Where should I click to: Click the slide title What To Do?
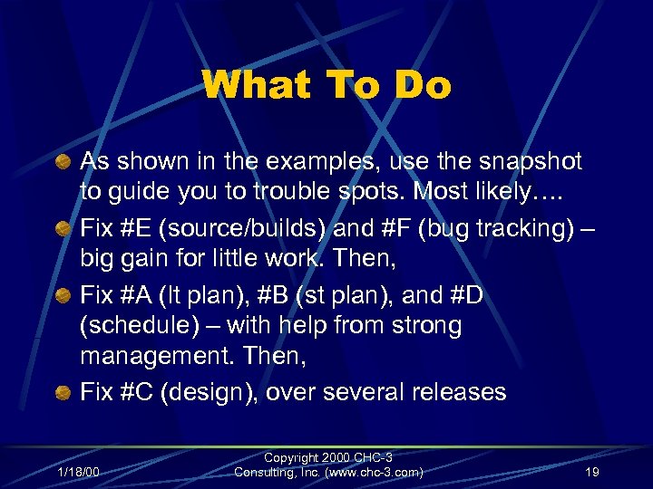click(326, 86)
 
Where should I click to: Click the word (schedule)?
click(139, 324)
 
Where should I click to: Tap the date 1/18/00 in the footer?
click(79, 472)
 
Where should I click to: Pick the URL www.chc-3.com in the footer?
click(372, 471)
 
